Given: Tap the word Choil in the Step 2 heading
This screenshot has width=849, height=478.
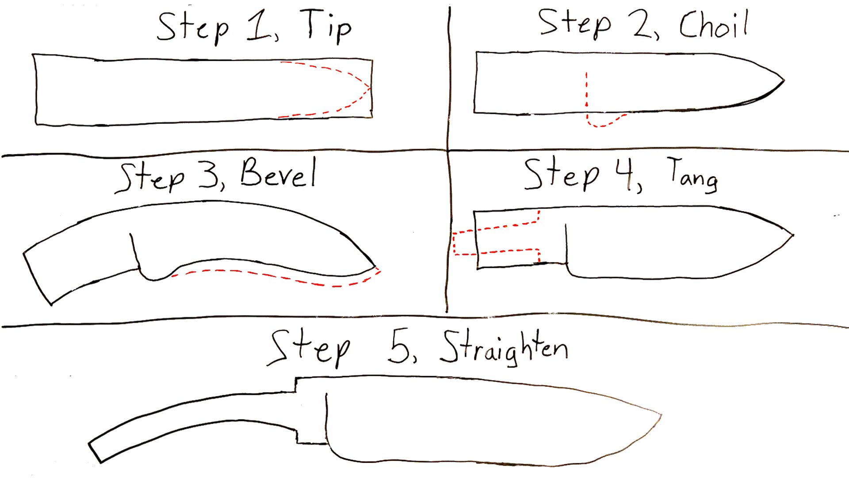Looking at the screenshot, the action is pos(713,25).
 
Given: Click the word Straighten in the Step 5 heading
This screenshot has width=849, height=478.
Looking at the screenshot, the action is pos(504,350).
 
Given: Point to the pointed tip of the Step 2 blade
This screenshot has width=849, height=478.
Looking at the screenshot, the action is pos(784,81).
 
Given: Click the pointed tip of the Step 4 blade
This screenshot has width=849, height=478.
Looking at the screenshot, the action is pos(793,235).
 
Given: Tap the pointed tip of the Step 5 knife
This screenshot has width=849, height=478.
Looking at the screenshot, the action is pos(661,415).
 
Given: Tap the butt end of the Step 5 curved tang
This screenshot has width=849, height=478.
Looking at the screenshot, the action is pos(95,452).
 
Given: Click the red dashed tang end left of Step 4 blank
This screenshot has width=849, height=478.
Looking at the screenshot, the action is pos(454,243).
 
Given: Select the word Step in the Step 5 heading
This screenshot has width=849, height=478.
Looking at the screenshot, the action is pos(310,350).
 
